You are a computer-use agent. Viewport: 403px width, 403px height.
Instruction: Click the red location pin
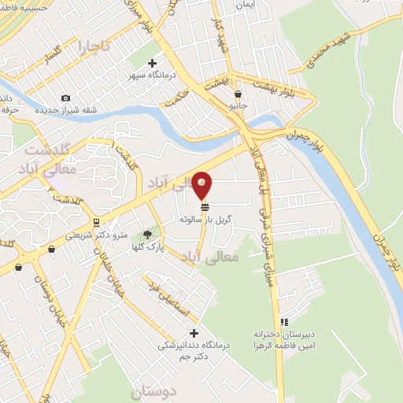[x=202, y=186]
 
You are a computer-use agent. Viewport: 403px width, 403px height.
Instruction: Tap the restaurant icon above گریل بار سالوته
[x=205, y=207]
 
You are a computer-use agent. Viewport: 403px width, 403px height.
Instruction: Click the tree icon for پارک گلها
[x=147, y=235]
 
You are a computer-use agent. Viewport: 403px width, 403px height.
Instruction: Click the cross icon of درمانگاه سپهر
[x=153, y=64]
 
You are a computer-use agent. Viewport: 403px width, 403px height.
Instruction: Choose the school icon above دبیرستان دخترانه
[x=284, y=321]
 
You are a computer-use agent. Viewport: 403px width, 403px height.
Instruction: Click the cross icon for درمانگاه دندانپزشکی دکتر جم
[x=194, y=333]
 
